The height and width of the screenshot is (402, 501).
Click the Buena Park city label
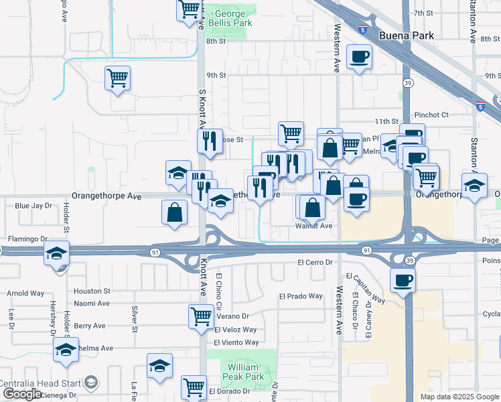(406, 36)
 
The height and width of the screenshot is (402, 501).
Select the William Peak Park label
(242, 372)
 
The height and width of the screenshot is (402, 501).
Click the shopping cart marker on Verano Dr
(201, 316)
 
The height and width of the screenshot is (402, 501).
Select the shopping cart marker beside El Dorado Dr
(193, 387)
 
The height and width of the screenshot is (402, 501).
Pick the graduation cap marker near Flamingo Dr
(57, 253)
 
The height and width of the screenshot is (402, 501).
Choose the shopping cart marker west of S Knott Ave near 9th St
(118, 78)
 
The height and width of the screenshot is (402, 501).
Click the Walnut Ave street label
(314, 226)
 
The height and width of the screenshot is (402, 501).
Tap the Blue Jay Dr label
(33, 206)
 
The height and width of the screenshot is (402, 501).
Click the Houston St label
(92, 291)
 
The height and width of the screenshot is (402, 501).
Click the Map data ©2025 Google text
(459, 397)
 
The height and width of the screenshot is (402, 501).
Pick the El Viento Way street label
(236, 342)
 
